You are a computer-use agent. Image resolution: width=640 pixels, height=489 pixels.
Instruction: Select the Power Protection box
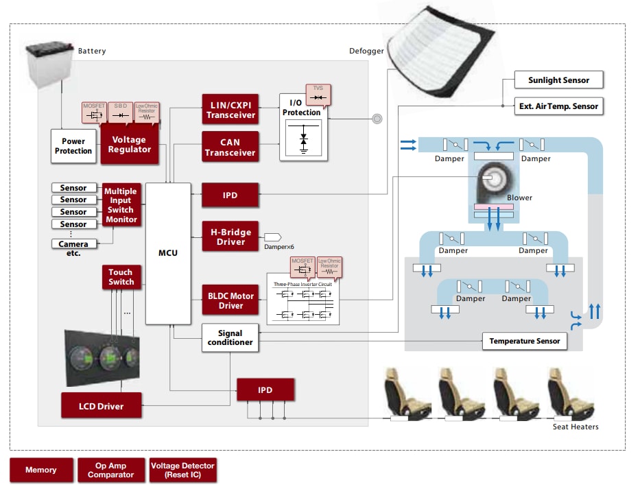(73, 146)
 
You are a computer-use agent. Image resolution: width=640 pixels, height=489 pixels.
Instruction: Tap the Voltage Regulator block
(130, 145)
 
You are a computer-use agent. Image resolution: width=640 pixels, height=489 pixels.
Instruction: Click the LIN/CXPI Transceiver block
(230, 110)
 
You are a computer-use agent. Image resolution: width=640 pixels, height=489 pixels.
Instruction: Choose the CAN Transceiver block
(230, 147)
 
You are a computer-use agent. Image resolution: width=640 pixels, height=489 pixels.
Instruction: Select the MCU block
(168, 253)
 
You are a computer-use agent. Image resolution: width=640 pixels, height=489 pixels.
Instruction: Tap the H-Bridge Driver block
(230, 237)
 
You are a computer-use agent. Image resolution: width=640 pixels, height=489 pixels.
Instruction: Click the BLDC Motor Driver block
(230, 300)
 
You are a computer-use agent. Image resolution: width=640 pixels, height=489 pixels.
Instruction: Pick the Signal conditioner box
(230, 337)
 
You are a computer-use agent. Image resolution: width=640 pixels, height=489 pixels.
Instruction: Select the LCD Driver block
(101, 406)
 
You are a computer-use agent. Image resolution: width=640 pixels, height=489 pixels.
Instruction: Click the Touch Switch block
(121, 276)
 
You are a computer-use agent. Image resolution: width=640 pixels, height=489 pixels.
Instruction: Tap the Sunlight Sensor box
(558, 80)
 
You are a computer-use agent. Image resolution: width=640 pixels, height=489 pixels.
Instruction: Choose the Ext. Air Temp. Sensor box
(558, 106)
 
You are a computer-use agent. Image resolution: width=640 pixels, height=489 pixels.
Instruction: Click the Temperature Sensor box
(525, 341)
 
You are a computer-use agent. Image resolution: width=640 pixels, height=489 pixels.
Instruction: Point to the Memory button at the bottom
(41, 470)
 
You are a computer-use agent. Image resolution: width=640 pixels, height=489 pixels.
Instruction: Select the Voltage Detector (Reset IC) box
(182, 470)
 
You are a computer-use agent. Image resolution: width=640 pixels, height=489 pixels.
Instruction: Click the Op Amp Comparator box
(111, 470)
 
